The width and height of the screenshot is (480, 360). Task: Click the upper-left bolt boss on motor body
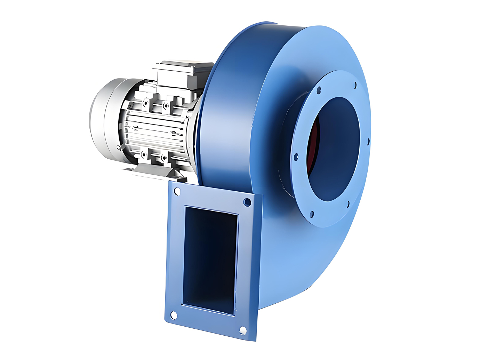146,103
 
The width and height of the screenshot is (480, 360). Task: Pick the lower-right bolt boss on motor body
163,158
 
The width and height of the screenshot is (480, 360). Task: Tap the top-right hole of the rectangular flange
247,201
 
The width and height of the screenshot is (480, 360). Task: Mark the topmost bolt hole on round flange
354,85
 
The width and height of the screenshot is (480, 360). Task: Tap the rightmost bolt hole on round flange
368,142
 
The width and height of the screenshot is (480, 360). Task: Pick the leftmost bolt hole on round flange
296,157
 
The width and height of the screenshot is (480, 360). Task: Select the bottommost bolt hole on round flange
312,214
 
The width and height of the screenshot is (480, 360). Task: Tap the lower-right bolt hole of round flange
347,204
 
